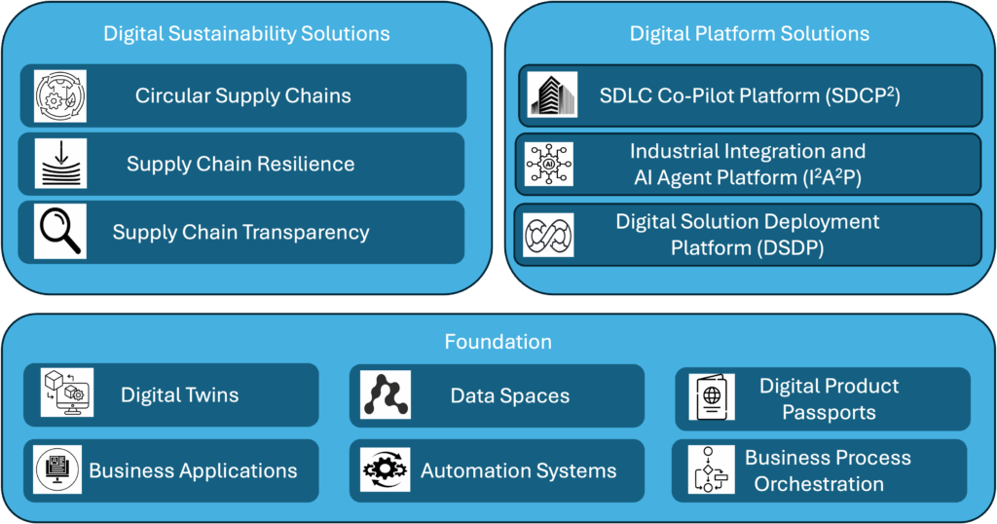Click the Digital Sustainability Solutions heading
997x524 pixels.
246,33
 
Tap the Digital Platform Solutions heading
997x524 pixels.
749,33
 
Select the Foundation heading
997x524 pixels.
498,342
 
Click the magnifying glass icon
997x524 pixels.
59,232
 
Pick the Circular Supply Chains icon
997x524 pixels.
59,95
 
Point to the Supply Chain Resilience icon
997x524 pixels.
59,164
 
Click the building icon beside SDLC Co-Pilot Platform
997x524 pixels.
552,95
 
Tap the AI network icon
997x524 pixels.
548,164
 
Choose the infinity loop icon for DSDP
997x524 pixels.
548,235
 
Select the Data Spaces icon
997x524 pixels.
386,395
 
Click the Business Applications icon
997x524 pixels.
57,469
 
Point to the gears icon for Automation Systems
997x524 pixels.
386,470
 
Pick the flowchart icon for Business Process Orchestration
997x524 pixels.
710,469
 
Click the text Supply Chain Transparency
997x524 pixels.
240,232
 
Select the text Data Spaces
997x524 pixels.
509,396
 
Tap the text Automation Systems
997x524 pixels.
518,471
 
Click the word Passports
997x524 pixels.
829,412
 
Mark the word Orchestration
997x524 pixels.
819,483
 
